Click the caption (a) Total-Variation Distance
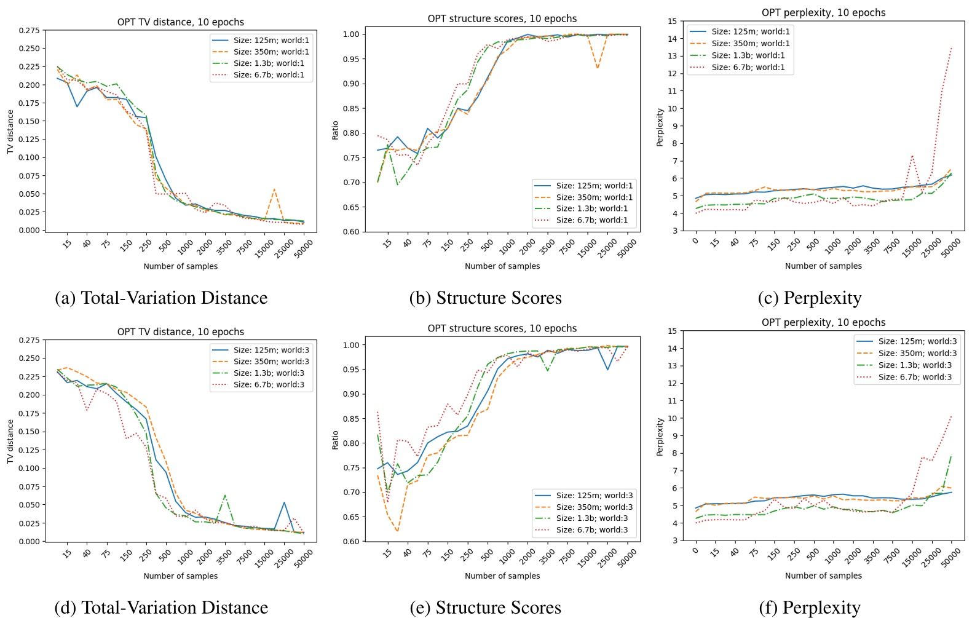pos(161,298)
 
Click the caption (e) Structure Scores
pos(485,608)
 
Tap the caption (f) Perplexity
pos(809,608)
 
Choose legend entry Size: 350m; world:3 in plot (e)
pos(595,507)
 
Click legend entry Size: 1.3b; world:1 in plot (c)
pos(748,55)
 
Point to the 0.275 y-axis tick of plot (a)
pos(29,31)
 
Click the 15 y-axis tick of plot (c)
pos(672,22)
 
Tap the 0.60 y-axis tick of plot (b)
pos(350,232)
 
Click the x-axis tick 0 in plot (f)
pos(695,550)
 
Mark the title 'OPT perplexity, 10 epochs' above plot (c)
pos(823,13)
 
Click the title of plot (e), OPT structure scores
pos(502,328)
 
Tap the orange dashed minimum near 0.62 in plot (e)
pos(397,531)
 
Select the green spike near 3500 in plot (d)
pos(225,494)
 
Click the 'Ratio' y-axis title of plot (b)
pos(335,130)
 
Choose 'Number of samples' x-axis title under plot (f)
pos(823,576)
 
